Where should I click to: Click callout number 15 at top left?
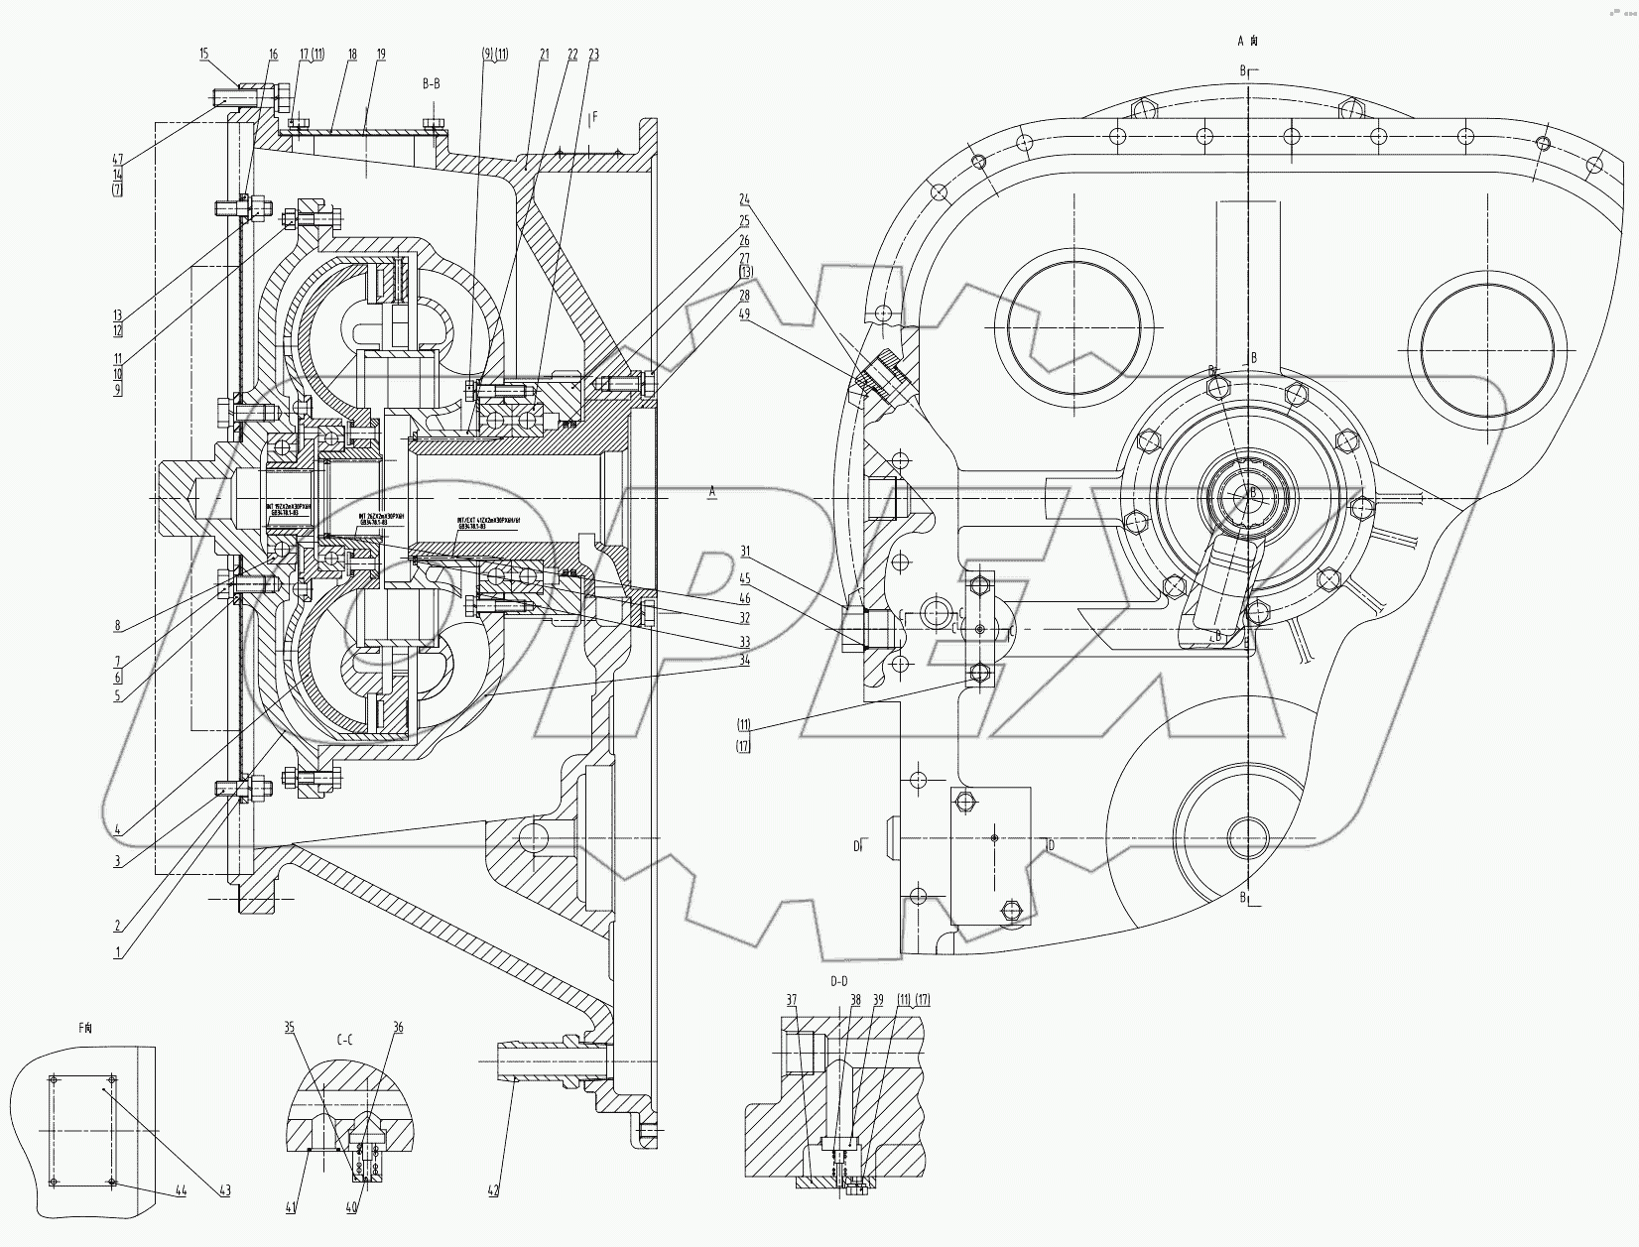(x=204, y=54)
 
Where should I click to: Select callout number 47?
(x=117, y=159)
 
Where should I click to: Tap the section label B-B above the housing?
(x=431, y=84)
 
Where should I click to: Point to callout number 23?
(x=593, y=56)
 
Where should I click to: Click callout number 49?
(x=744, y=314)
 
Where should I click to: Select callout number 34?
(x=744, y=660)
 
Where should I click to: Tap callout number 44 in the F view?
(x=180, y=1191)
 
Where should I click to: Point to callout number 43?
(x=224, y=1191)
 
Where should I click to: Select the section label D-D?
(x=838, y=981)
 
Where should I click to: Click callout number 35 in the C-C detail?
(x=290, y=1029)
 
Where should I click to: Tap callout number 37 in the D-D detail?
(x=791, y=1000)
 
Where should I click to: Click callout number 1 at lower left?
(x=118, y=951)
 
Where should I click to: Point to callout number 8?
(x=117, y=625)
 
